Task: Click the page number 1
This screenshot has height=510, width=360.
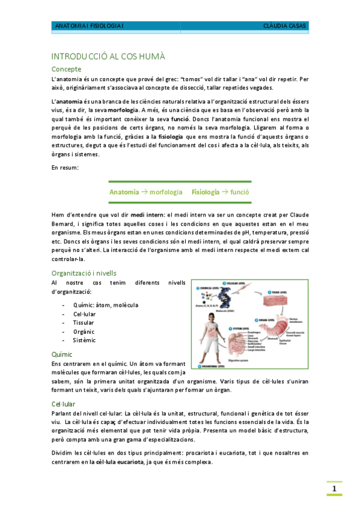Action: pyautogui.click(x=334, y=488)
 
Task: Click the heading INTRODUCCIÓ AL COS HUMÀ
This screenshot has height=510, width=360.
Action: pyautogui.click(x=108, y=56)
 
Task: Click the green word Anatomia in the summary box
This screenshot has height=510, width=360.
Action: pyautogui.click(x=124, y=192)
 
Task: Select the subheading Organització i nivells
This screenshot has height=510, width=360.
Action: pyautogui.click(x=88, y=272)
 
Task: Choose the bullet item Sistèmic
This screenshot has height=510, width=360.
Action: pyautogui.click(x=85, y=340)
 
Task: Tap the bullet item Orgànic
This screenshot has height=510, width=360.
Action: pyautogui.click(x=85, y=331)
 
